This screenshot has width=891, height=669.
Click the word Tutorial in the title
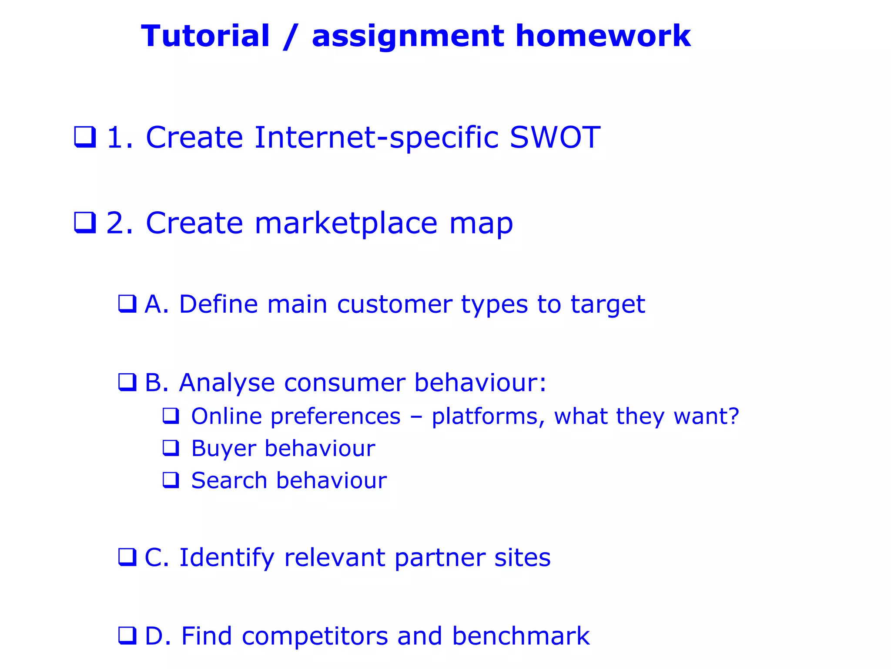pos(205,36)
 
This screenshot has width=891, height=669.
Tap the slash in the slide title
pos(291,37)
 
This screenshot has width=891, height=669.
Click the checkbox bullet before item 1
pos(85,137)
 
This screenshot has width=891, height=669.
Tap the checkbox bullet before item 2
pos(85,223)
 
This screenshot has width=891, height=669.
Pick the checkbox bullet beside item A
pos(127,304)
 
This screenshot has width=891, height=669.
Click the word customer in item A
pos(395,304)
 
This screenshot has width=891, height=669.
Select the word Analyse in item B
pos(227,383)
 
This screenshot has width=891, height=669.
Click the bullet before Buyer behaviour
pos(171,448)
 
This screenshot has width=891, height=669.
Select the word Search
pos(229,481)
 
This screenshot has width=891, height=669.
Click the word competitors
pos(315,636)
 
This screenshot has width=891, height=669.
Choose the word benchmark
pos(521,636)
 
